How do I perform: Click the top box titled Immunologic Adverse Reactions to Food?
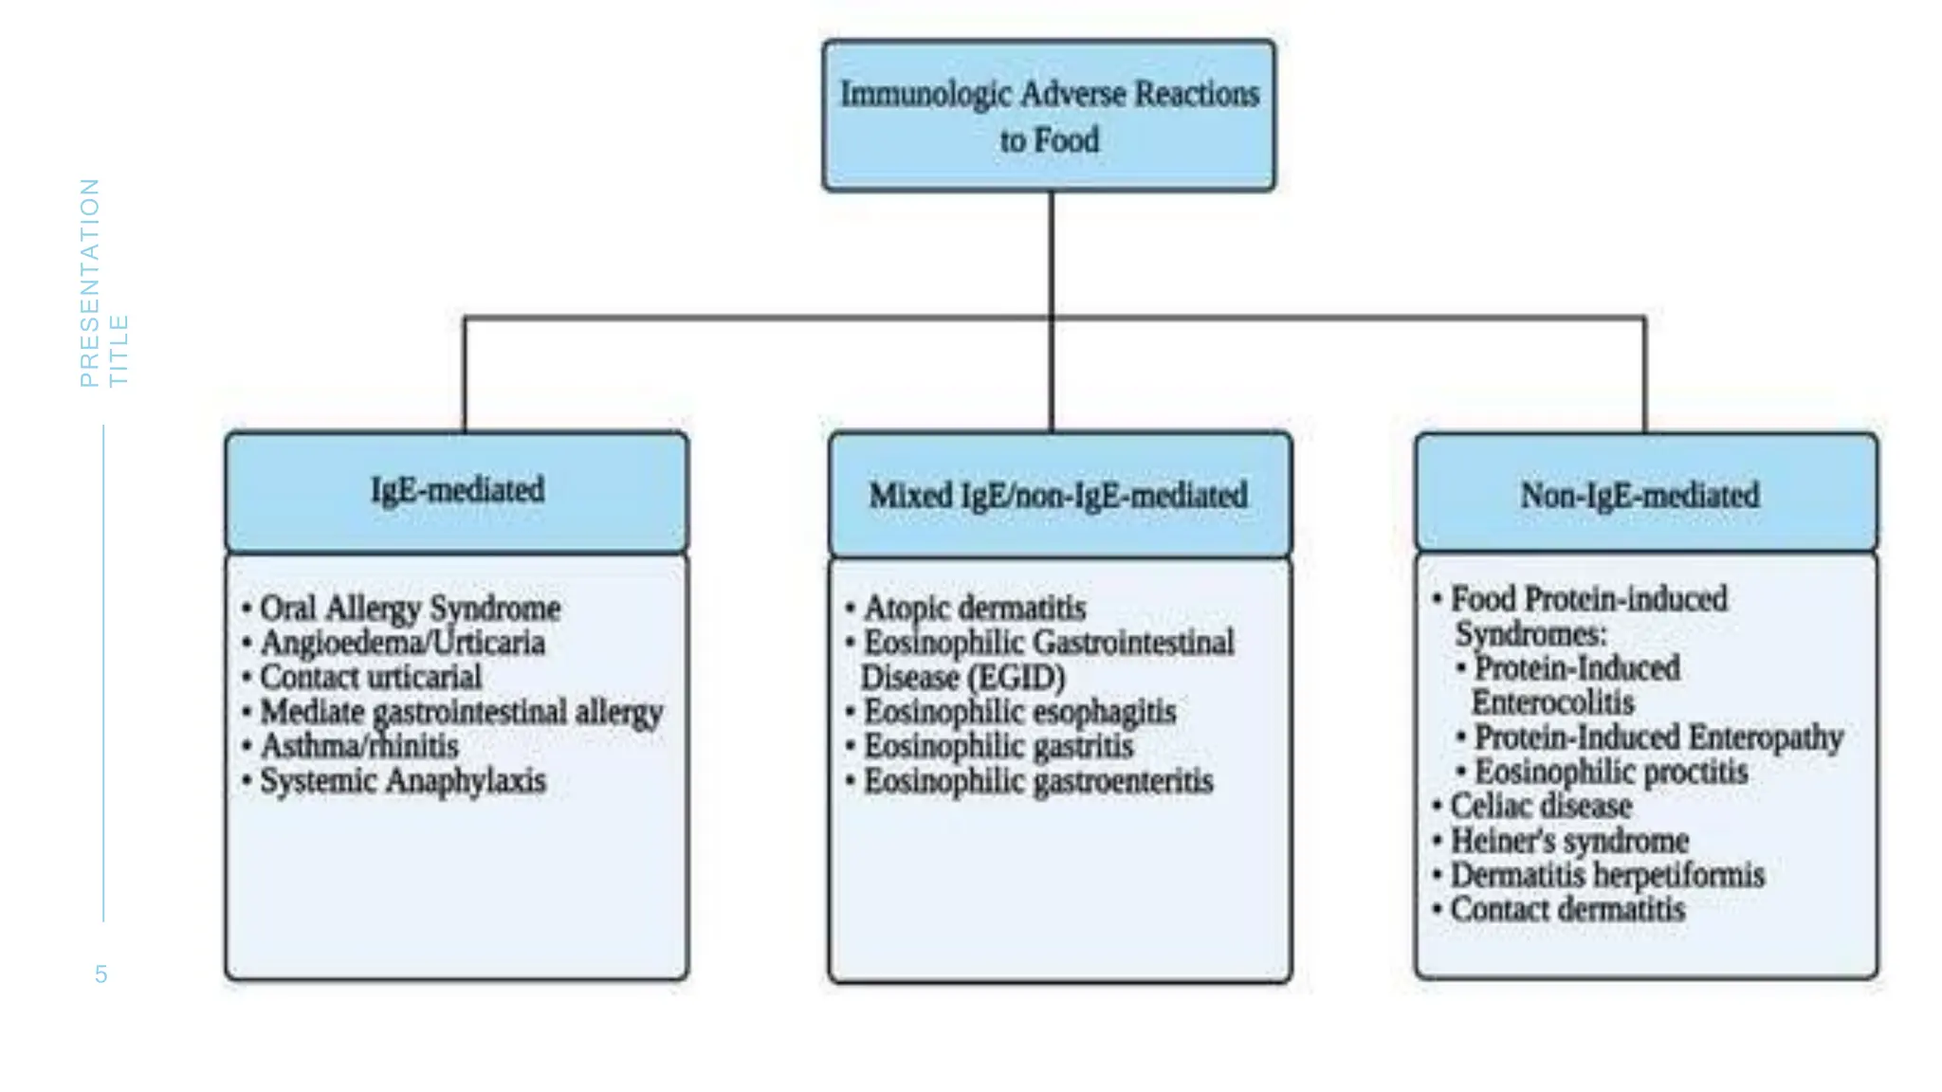click(x=1049, y=116)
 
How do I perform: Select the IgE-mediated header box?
click(x=457, y=491)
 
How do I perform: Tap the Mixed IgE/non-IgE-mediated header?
click(x=1059, y=495)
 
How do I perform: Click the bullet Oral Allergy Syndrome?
click(x=410, y=608)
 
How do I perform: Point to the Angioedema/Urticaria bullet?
click(x=402, y=643)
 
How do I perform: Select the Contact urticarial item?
click(x=371, y=677)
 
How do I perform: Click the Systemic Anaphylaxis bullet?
click(x=403, y=781)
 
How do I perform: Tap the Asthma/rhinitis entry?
click(x=359, y=746)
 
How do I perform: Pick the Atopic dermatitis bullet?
click(x=974, y=608)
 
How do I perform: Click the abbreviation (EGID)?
click(x=1015, y=678)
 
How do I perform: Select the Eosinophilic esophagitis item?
click(x=1019, y=712)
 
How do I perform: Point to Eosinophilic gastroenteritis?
click(x=1037, y=781)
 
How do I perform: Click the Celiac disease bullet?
click(x=1541, y=806)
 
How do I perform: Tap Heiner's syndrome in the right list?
click(x=1569, y=841)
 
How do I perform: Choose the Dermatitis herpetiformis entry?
click(x=1607, y=875)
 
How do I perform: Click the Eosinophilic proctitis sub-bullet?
click(x=1610, y=772)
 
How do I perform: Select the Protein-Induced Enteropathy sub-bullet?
click(x=1658, y=737)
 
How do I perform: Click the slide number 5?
click(x=101, y=974)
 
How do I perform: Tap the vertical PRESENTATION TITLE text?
click(x=102, y=283)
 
